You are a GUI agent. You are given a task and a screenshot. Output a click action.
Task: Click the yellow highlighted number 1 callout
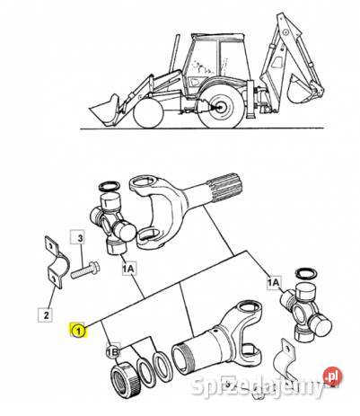tap(78, 331)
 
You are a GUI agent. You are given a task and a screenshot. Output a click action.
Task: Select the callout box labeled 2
tap(46, 314)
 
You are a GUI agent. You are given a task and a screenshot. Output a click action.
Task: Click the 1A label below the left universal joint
tap(129, 269)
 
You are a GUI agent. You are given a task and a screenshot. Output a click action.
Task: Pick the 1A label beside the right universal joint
tap(274, 282)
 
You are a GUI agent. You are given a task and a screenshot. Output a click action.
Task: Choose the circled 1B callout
tap(113, 352)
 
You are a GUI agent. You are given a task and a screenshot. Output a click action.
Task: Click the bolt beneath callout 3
tap(85, 270)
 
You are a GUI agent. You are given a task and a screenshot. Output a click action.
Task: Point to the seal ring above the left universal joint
tap(110, 186)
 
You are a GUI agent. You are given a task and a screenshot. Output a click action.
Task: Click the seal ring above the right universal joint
tap(307, 273)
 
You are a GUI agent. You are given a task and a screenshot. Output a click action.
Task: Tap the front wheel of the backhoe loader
tap(149, 114)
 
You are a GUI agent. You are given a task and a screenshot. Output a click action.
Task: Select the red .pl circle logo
tap(333, 375)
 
